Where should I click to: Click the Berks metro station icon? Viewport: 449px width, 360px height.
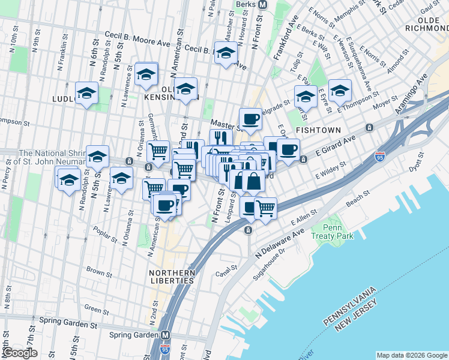(x=262, y=4)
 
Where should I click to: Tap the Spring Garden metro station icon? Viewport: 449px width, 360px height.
(x=164, y=335)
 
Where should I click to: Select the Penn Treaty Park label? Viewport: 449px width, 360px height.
(x=332, y=232)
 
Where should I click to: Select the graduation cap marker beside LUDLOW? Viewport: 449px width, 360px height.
(x=87, y=94)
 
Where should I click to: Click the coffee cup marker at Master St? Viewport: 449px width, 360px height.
(x=250, y=119)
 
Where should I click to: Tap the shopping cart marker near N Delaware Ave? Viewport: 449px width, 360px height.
(x=265, y=209)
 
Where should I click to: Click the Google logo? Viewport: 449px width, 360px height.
(x=20, y=353)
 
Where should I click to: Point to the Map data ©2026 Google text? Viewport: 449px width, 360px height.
(x=411, y=355)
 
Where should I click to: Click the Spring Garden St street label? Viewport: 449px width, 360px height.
(x=68, y=320)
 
